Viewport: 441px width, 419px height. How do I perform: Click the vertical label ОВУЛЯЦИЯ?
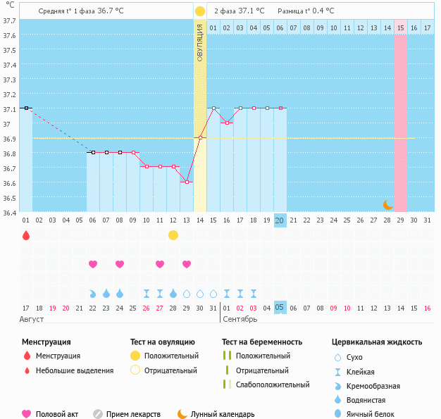pos(200,43)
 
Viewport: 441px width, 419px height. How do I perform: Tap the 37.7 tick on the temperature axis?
pos(10,21)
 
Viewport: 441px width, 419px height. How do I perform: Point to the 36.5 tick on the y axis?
pos(10,198)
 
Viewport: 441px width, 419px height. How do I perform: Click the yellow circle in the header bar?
pos(200,11)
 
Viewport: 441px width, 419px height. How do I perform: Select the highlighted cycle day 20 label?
pos(280,220)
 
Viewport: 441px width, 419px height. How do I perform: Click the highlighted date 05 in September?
pos(280,308)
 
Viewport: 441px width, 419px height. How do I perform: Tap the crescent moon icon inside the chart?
pos(387,204)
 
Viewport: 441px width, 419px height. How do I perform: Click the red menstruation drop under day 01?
pos(26,235)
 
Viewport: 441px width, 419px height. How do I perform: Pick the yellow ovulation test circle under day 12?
pos(173,235)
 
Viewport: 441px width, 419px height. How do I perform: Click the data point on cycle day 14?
pos(200,137)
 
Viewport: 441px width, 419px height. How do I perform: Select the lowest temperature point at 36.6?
pos(187,182)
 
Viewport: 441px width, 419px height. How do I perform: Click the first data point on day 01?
pos(26,108)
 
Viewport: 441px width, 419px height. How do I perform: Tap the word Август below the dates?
pos(32,319)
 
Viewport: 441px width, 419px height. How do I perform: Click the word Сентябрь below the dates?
pos(240,319)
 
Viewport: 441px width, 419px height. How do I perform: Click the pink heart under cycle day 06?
pos(93,264)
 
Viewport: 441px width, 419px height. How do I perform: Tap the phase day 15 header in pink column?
pos(400,27)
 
